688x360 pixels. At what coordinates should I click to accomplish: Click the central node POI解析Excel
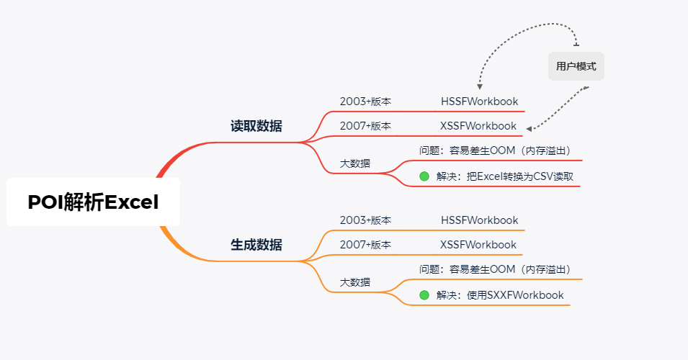pos(93,202)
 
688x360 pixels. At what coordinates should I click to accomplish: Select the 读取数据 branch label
pos(256,126)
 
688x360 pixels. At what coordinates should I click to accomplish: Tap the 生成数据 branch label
pos(256,245)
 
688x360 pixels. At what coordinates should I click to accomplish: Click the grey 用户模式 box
pos(576,66)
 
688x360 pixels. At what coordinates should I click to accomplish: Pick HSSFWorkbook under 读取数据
pos(479,102)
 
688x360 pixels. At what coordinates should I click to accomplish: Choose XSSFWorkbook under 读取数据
pos(478,125)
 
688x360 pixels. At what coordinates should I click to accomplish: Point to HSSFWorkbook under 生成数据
pos(479,220)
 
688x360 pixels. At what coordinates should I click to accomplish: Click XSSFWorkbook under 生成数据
pos(478,244)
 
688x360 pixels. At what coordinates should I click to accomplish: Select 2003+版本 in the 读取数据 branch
pos(365,102)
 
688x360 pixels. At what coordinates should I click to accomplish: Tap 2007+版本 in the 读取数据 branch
pos(365,125)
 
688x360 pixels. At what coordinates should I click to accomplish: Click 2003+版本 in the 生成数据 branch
pos(365,220)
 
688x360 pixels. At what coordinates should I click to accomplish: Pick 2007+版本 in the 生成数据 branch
pos(365,244)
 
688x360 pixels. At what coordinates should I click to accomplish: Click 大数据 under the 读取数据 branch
pos(355,163)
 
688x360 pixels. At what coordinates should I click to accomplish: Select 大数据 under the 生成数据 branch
pos(355,282)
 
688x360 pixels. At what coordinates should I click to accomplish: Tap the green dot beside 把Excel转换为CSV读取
pos(424,176)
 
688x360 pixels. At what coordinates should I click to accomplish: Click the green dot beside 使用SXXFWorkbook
pos(424,295)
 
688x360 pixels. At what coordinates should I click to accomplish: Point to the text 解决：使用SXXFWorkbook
pos(500,295)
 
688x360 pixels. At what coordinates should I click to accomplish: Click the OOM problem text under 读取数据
pos(495,150)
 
